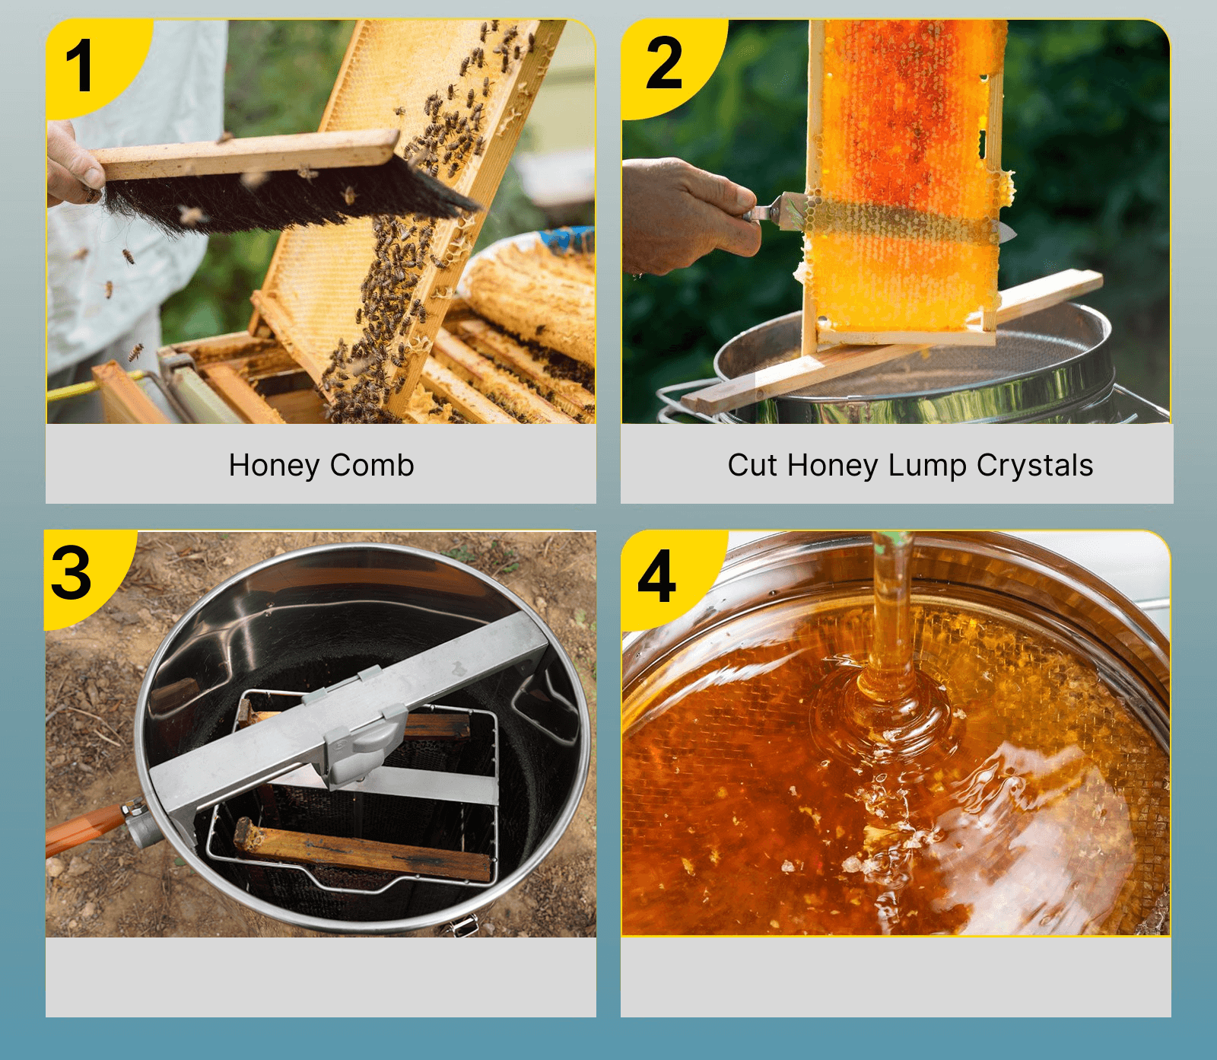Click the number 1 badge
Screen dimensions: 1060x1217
80,67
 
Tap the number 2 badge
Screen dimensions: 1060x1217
664,64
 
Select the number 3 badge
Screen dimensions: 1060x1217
72,575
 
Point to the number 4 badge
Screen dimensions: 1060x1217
656,576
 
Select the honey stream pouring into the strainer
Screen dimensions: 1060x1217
890,609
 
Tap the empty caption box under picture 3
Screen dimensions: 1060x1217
320,977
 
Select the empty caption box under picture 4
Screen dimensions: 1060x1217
895,977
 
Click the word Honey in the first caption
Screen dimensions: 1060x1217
274,465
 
